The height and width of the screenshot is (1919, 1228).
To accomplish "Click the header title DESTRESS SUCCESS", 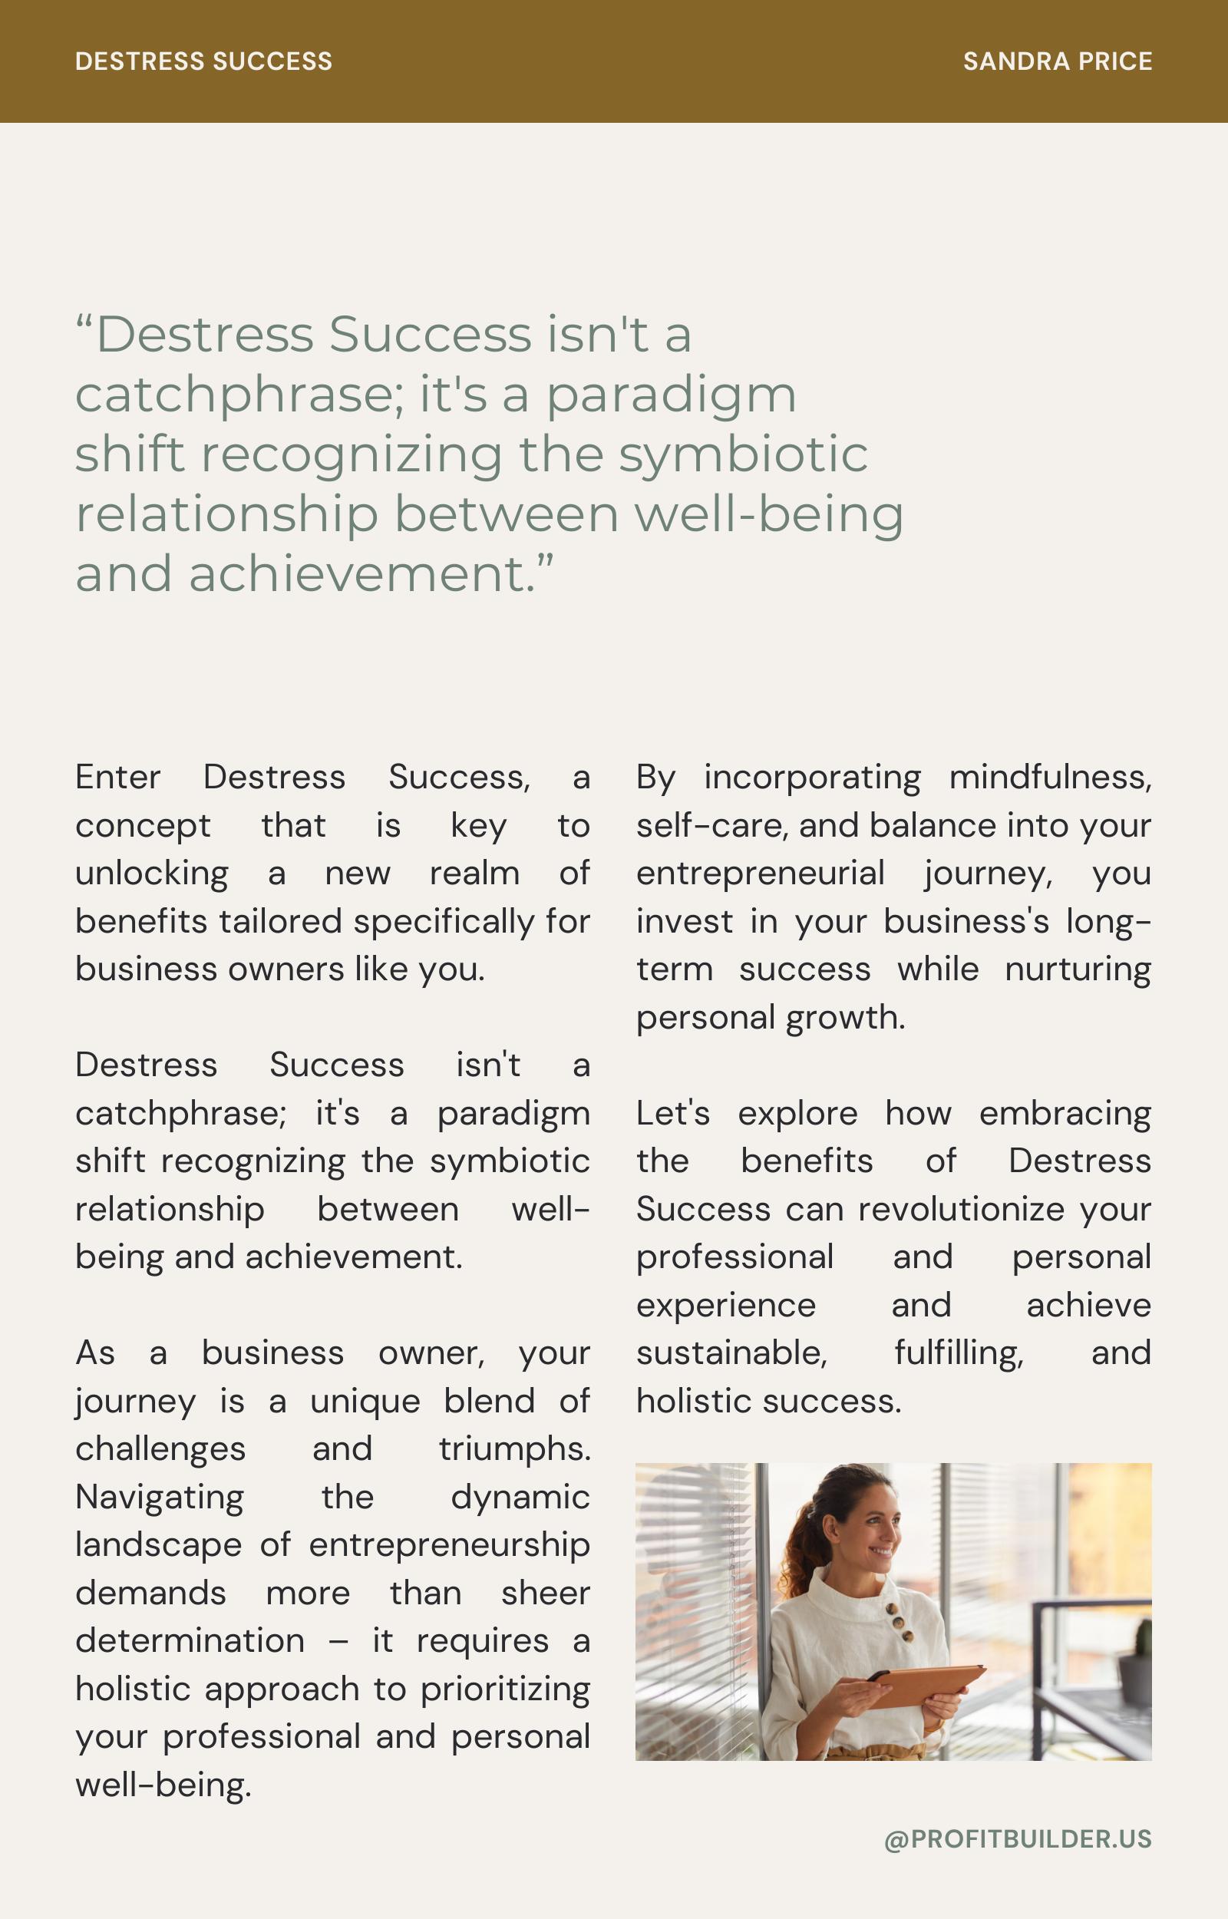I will (203, 61).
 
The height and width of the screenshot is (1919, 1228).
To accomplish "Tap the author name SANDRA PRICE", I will (1058, 61).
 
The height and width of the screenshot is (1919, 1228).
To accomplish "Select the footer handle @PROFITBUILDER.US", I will (1018, 1839).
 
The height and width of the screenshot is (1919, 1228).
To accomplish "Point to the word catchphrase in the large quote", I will (239, 395).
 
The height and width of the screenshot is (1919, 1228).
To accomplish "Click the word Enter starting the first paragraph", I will (118, 778).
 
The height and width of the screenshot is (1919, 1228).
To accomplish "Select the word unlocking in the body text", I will (151, 874).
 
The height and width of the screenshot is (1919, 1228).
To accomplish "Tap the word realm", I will (474, 874).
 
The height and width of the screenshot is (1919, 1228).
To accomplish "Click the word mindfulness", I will (1050, 778).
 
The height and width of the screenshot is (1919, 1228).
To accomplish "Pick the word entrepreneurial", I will (760, 874).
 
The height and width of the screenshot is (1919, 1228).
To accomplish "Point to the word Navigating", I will (160, 1498).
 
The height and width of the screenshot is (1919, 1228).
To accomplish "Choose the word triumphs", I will (514, 1449).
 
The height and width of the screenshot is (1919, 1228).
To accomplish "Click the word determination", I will (190, 1641).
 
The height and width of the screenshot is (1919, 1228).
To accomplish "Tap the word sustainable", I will (731, 1353).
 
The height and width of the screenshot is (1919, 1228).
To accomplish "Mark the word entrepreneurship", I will (449, 1545).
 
